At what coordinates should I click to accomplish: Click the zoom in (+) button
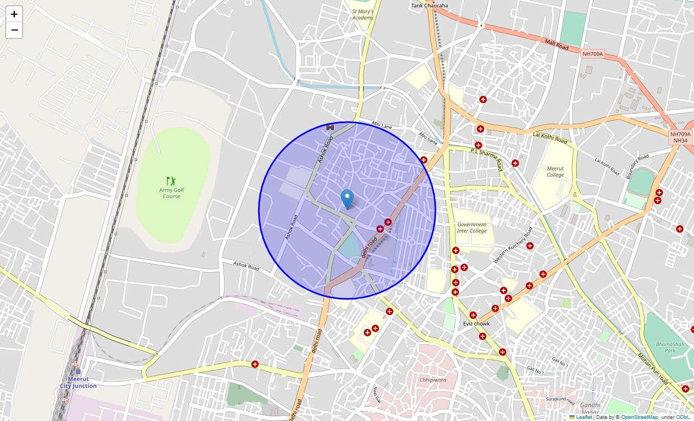pos(14,14)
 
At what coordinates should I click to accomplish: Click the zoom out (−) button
pos(14,31)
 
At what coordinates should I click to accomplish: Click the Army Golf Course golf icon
pos(171,181)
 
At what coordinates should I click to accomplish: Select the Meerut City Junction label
pos(78,382)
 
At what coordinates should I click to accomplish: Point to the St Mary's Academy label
pos(363,14)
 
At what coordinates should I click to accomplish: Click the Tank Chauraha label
pos(430,6)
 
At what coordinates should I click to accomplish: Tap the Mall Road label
pos(557,44)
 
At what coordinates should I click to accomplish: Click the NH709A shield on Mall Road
pos(593,54)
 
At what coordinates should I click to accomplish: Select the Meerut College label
pos(555,172)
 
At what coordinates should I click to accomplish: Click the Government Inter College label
pos(472,227)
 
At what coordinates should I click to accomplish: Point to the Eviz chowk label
pos(476,324)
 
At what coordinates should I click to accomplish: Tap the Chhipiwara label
pos(433,379)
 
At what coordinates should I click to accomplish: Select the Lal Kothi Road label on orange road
pos(550,138)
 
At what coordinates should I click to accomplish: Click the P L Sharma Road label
pos(486,158)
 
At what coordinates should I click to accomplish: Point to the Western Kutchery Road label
pos(513,245)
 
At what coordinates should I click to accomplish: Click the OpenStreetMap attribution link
pos(639,417)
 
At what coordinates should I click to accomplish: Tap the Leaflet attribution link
pos(584,417)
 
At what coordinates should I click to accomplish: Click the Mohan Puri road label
pos(654,369)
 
